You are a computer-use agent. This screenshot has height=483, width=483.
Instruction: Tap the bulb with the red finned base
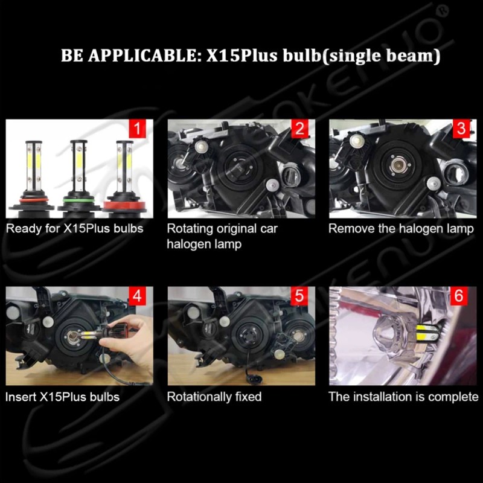tap(124, 178)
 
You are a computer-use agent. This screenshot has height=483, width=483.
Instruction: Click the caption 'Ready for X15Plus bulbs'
tap(75, 229)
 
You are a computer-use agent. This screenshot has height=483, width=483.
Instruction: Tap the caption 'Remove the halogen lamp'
tap(401, 229)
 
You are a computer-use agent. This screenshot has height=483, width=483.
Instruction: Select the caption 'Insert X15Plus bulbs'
tap(62, 397)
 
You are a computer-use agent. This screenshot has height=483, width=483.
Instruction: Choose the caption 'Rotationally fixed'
tap(214, 397)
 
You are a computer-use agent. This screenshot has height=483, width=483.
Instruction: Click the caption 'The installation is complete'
tap(403, 397)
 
